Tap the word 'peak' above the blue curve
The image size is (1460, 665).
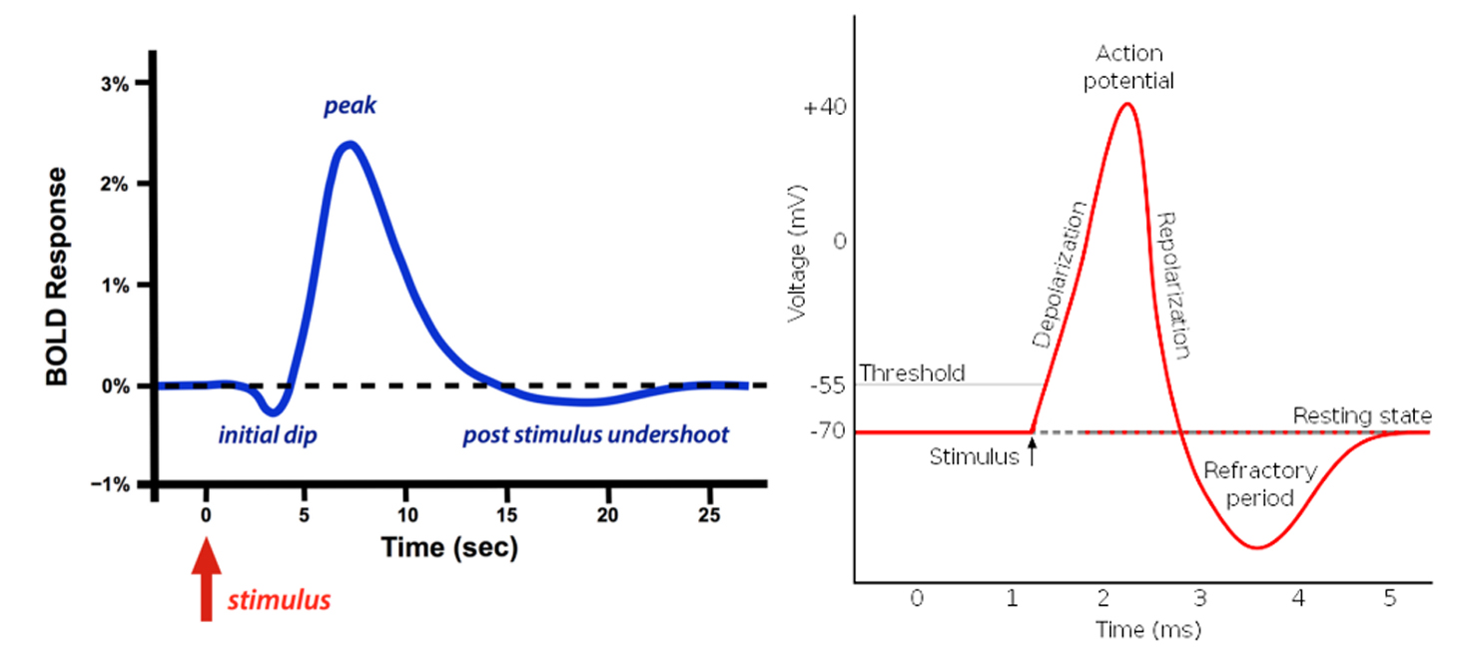pos(350,106)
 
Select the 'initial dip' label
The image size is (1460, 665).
pos(267,435)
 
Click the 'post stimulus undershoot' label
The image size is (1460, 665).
pos(595,435)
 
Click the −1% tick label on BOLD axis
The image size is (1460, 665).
pos(112,485)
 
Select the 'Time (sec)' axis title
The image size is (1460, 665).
pos(448,546)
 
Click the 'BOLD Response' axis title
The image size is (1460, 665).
pos(59,277)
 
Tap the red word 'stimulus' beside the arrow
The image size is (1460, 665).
pos(279,601)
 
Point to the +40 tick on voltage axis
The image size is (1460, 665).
pos(825,108)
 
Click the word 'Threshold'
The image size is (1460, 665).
pos(912,373)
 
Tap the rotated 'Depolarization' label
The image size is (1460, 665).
pos(1059,274)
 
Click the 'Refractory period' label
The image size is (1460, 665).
pos(1247,483)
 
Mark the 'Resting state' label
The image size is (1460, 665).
pos(1362,415)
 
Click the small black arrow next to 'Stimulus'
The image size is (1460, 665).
pos(1033,454)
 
